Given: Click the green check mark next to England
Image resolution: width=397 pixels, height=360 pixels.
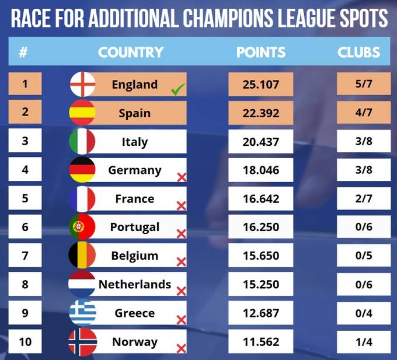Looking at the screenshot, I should (x=178, y=89).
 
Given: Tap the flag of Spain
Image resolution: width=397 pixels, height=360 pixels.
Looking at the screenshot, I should (x=83, y=113).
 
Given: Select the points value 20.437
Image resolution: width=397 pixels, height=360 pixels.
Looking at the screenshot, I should (x=260, y=142).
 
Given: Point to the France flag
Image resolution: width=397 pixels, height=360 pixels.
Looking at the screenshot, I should (x=83, y=199).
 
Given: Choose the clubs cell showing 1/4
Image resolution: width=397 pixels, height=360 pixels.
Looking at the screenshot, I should (x=364, y=342).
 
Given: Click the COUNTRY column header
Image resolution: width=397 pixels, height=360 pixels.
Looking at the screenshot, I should (x=131, y=53).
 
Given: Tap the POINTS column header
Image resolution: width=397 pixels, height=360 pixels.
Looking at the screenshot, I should (x=261, y=53).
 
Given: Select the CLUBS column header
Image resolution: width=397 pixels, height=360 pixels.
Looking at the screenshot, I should (x=358, y=53).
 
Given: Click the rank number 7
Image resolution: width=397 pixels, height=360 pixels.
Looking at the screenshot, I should (x=25, y=256).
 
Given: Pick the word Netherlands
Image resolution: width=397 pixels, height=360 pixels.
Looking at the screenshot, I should (x=135, y=285).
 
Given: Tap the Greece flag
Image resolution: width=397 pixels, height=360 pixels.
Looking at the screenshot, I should (x=83, y=313).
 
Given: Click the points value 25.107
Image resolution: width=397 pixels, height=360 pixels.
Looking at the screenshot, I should (x=260, y=85).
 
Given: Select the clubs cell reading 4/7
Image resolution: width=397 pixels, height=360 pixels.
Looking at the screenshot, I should (x=364, y=113).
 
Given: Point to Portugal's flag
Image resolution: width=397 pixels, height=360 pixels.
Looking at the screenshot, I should (x=83, y=228).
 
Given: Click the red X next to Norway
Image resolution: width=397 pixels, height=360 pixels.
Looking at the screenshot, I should (x=181, y=348).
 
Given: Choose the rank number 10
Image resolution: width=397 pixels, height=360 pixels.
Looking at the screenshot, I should (x=25, y=341).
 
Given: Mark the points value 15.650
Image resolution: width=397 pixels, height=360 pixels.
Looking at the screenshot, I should (x=260, y=256).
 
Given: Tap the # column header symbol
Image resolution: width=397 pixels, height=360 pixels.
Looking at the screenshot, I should (x=23, y=53).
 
